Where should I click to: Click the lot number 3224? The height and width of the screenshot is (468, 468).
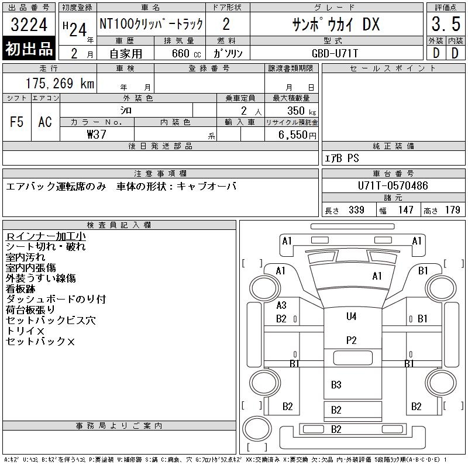pos(29,25)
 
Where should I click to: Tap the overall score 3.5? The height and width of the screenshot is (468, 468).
pos(446,24)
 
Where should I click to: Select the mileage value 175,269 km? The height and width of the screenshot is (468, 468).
pos(60,83)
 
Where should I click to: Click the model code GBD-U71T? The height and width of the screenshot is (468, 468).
pos(335,53)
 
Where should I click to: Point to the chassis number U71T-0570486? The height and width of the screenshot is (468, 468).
pos(393,185)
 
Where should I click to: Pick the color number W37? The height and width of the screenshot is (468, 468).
pos(97,135)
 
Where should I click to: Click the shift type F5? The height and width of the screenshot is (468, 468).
pos(16,122)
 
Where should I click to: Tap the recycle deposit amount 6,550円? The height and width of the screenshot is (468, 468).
pos(297,135)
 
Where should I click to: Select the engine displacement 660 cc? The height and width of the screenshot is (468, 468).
pos(186,53)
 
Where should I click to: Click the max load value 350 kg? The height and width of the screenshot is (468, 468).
pos(301,111)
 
